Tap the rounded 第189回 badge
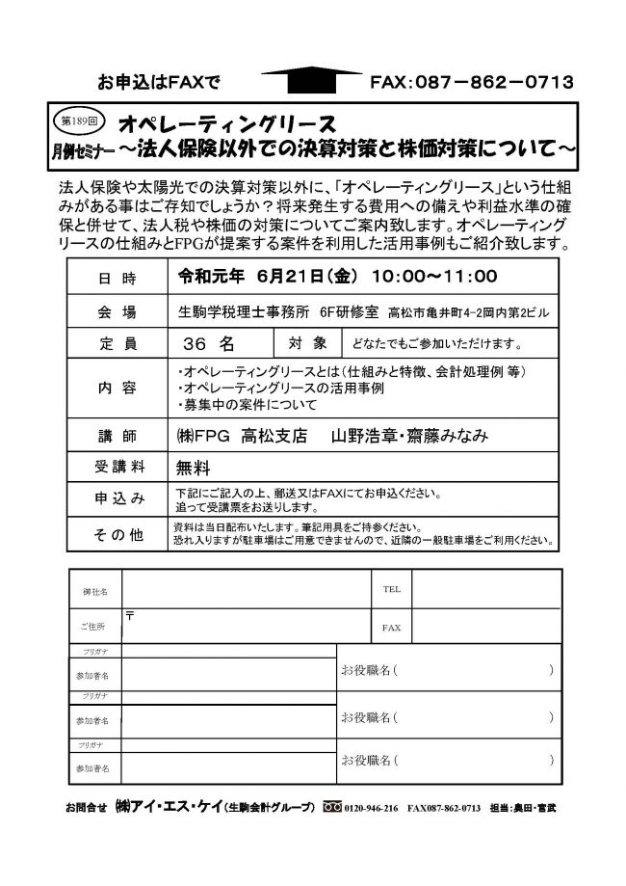coord(73,123)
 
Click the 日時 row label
coord(117,279)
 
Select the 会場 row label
coord(117,312)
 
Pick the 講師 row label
coord(117,436)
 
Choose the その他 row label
coord(117,533)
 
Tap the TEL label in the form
coord(392,587)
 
